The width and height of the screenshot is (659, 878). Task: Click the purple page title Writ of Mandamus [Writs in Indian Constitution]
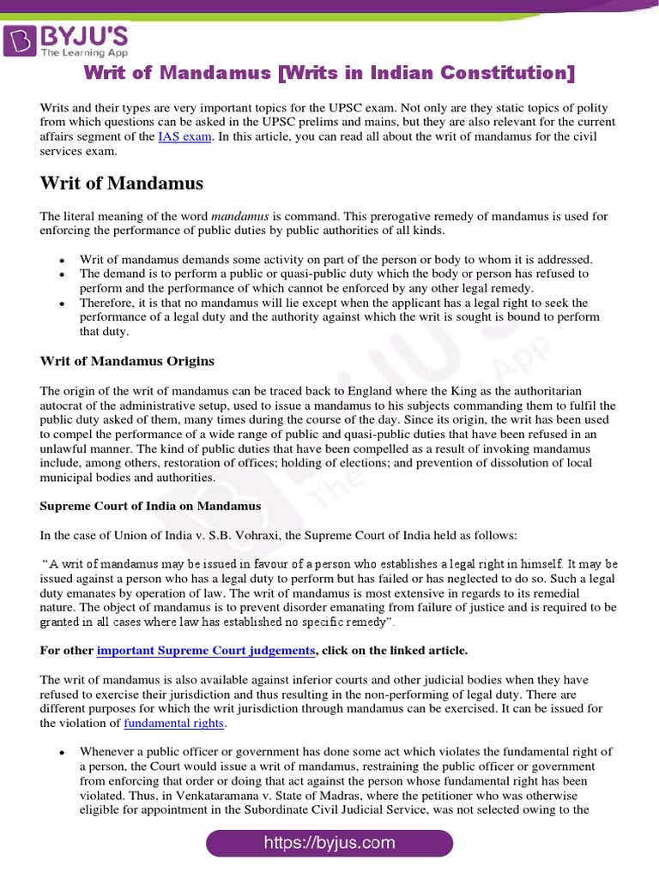pos(329,73)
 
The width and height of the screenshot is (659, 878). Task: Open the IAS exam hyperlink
pos(184,136)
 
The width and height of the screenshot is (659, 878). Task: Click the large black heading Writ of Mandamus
pos(121,183)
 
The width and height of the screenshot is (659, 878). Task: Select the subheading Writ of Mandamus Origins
pos(127,361)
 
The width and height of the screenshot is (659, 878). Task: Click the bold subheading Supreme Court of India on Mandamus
pos(150,506)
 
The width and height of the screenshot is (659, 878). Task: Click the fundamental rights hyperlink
pos(174,723)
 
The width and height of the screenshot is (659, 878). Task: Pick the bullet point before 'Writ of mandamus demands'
pos(62,260)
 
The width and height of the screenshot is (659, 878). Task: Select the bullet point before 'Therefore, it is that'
pos(62,304)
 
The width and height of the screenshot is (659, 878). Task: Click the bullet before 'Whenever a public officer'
pos(62,752)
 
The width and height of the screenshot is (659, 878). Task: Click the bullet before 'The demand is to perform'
pos(62,274)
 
